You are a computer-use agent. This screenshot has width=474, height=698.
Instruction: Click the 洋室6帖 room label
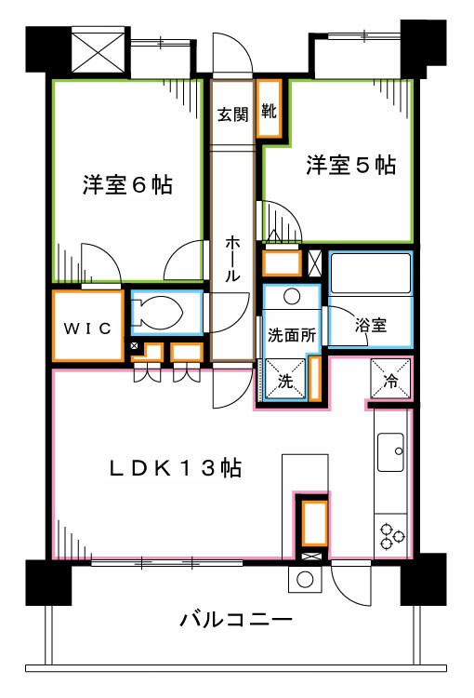tap(126, 184)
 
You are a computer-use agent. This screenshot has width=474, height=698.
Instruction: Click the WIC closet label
tap(87, 328)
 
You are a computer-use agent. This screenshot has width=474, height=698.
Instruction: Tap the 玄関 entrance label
tap(232, 115)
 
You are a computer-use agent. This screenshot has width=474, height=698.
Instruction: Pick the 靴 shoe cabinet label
tap(269, 113)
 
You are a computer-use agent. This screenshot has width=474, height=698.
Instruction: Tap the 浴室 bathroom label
tap(371, 327)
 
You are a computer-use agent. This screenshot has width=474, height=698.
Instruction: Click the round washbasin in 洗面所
tap(291, 298)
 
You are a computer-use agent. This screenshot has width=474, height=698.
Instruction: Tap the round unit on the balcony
tap(304, 579)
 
